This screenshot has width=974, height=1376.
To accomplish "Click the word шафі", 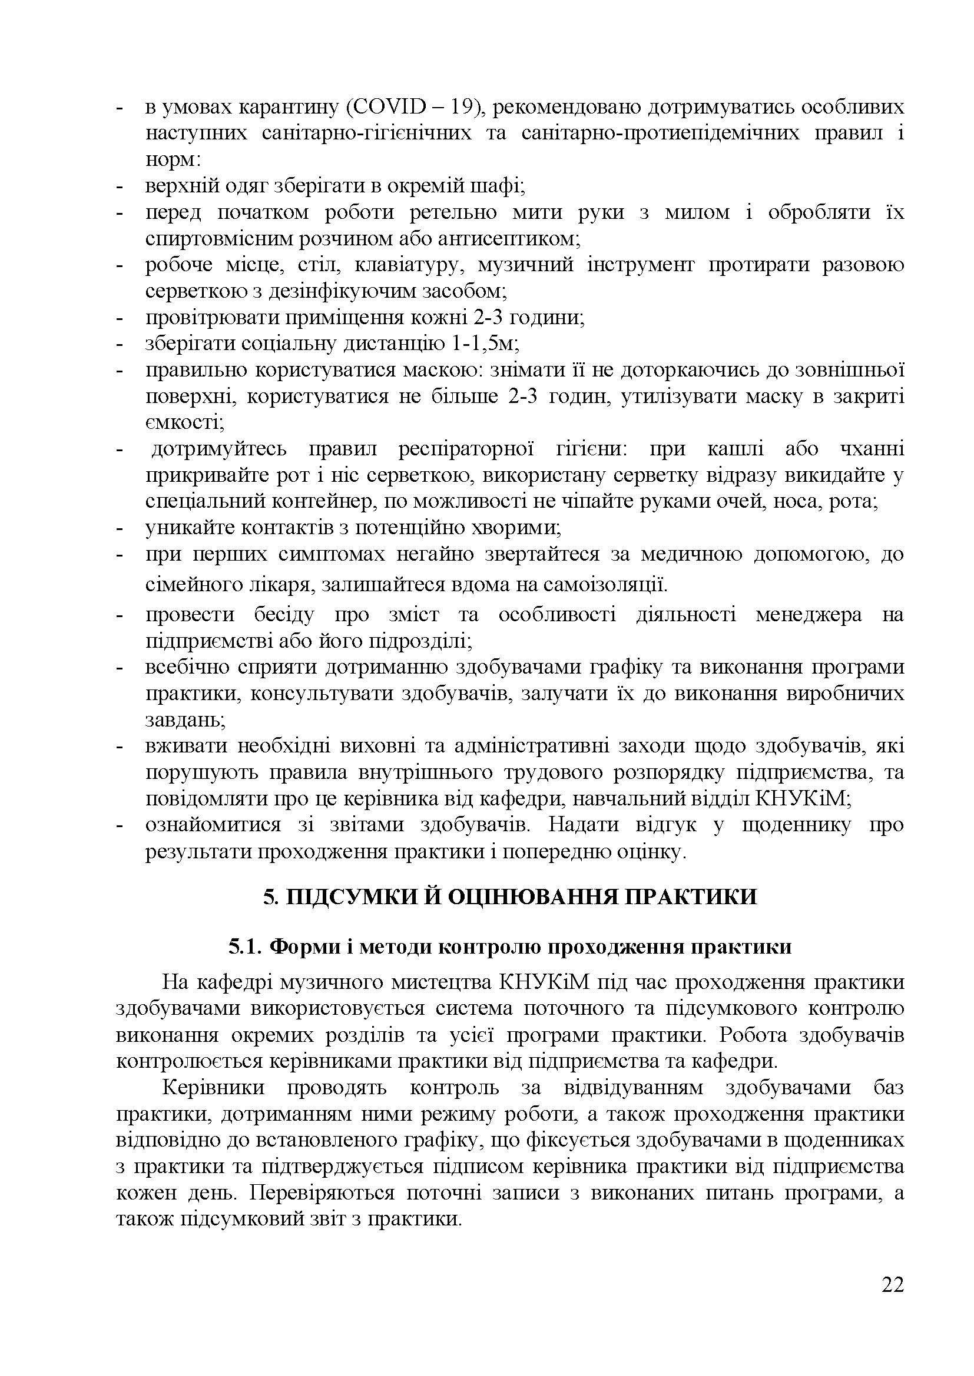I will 502,186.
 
